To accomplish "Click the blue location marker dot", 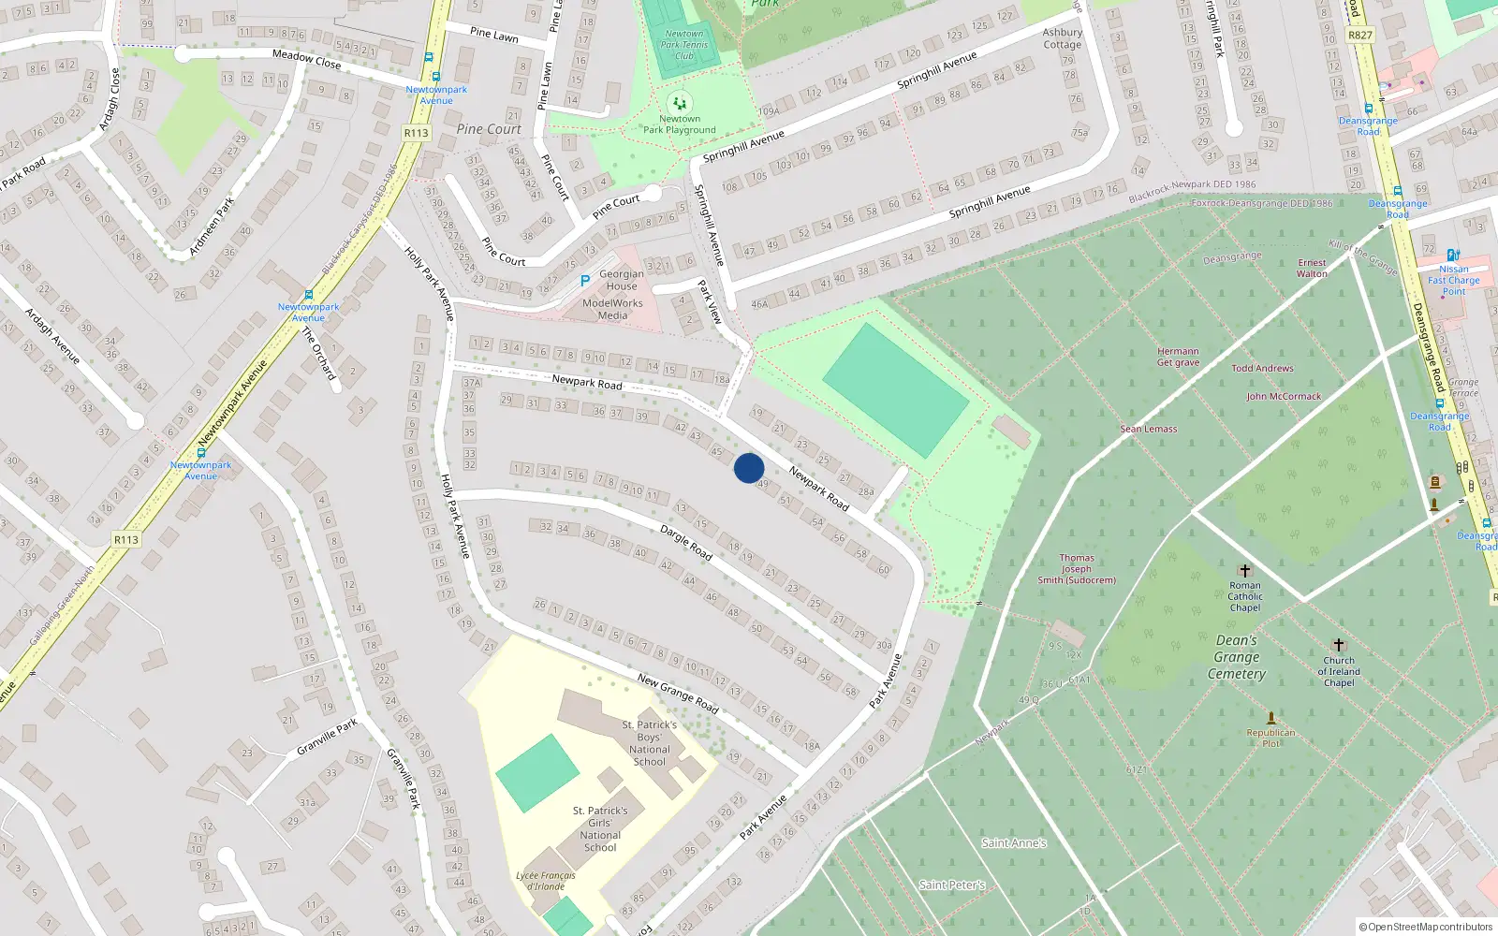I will (x=749, y=468).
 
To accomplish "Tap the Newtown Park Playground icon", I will (x=679, y=103).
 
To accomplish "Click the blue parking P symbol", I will (x=585, y=280).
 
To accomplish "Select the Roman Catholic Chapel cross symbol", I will (x=1245, y=570).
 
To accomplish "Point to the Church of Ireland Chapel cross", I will (x=1339, y=645).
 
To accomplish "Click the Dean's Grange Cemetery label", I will (x=1237, y=657).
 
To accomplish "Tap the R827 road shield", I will (x=1359, y=35).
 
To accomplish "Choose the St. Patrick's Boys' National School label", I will (x=650, y=743).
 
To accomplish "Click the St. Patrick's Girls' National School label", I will (x=600, y=829).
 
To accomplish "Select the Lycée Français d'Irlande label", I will (x=546, y=881).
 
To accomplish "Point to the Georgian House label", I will (x=622, y=280).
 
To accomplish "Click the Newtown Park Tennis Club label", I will (x=683, y=45).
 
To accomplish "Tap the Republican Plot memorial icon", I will (x=1271, y=719).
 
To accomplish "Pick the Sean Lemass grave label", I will (x=1149, y=429).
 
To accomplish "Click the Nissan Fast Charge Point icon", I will (x=1452, y=255).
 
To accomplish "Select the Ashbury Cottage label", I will (x=1063, y=38).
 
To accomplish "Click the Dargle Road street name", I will (x=686, y=543).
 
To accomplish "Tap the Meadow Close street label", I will (x=306, y=59).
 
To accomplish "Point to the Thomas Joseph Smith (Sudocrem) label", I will (x=1077, y=568).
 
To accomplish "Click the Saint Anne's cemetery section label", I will (x=1013, y=843).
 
